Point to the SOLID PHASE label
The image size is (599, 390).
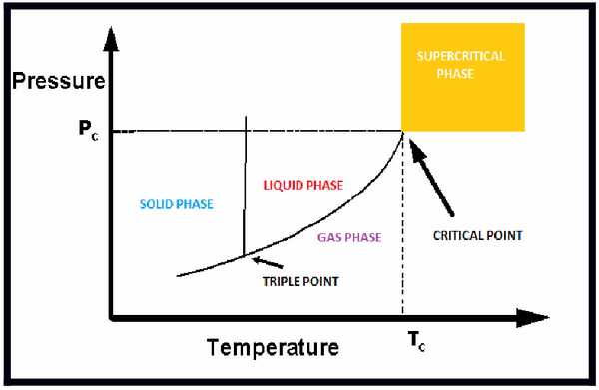172,204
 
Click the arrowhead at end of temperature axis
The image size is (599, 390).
525,320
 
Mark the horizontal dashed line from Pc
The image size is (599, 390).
260,131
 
